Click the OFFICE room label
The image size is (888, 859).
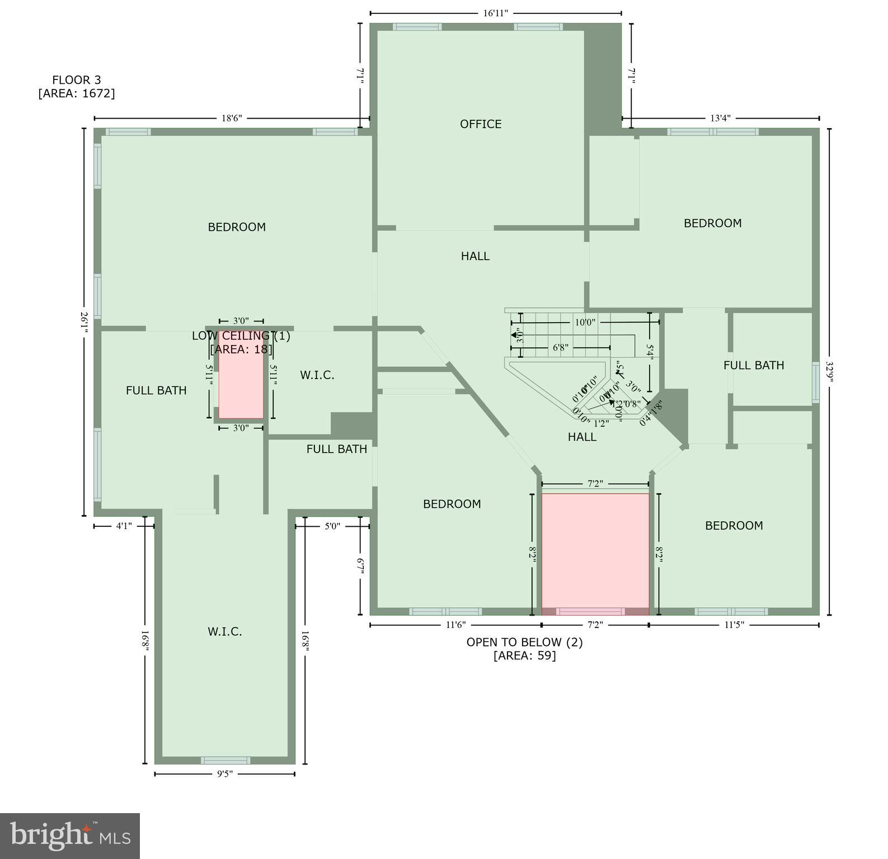tap(480, 124)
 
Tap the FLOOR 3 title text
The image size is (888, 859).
tap(77, 80)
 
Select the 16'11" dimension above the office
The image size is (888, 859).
tap(495, 13)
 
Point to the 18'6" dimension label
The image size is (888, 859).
tap(232, 118)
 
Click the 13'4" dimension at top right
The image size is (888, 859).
tap(720, 118)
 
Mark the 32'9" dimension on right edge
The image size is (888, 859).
tap(830, 371)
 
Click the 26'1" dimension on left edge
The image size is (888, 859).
tap(84, 323)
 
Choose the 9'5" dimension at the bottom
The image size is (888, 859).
tap(224, 774)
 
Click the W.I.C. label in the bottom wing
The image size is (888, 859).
tap(225, 632)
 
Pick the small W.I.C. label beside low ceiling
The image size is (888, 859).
tap(317, 375)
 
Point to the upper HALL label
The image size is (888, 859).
tap(475, 256)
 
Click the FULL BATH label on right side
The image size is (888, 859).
tap(753, 365)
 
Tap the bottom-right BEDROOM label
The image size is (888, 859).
tap(734, 526)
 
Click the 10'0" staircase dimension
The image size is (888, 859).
tap(585, 322)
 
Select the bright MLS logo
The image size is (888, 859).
tap(70, 836)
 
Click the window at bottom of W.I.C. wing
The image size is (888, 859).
tap(225, 760)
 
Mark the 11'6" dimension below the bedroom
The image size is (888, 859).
tap(455, 625)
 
